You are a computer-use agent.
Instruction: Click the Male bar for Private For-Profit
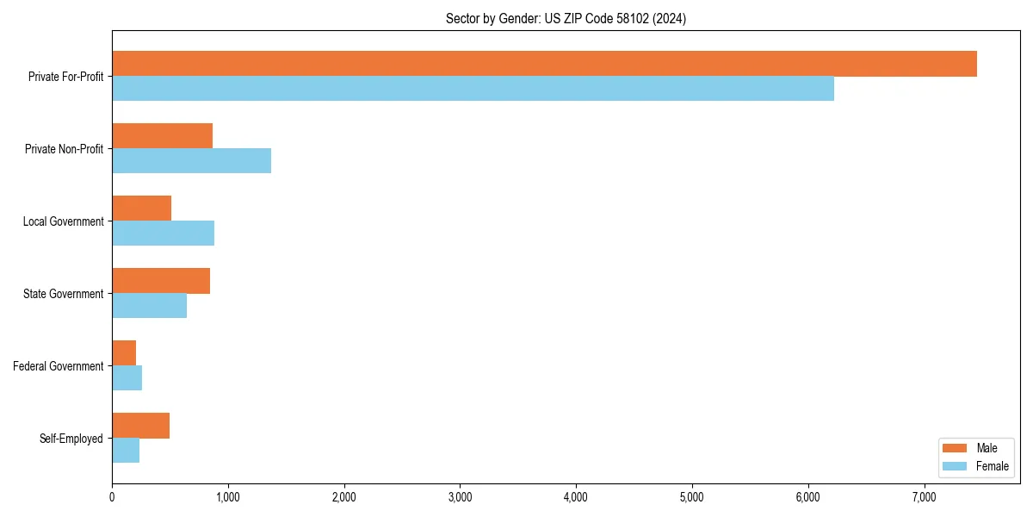(x=544, y=64)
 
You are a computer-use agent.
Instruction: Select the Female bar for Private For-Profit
(x=473, y=89)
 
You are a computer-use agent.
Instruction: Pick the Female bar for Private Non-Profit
(x=191, y=161)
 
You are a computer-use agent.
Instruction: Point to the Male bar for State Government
(x=161, y=281)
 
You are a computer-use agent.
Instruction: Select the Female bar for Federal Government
(x=127, y=378)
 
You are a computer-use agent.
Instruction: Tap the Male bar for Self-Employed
(x=140, y=426)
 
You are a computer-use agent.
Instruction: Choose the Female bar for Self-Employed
(x=126, y=451)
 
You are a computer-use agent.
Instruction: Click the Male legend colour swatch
(x=956, y=448)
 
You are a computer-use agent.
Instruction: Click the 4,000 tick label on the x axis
(x=576, y=497)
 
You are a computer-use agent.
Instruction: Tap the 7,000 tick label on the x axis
(x=924, y=497)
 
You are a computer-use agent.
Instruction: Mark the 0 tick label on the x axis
(x=112, y=497)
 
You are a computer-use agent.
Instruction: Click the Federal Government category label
(x=59, y=366)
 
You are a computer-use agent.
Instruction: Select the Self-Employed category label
(x=71, y=439)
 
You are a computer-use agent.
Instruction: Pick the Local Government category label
(x=64, y=221)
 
